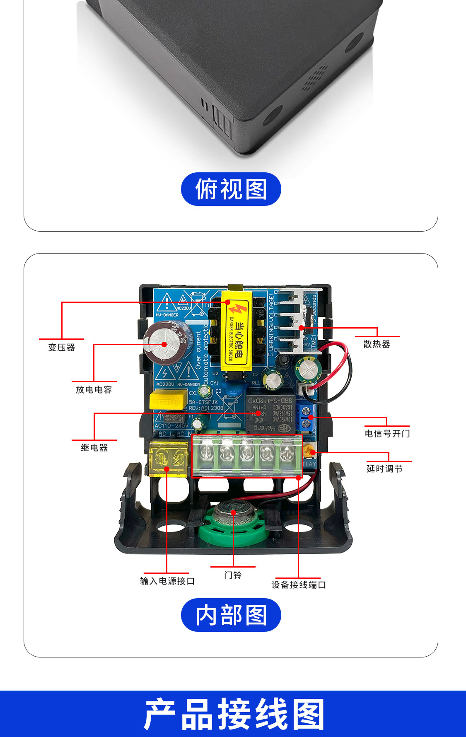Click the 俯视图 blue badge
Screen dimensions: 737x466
click(231, 189)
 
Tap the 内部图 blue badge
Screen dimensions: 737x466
click(231, 615)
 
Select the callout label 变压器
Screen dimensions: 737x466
click(61, 348)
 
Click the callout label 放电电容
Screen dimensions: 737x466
click(94, 390)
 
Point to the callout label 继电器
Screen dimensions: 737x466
click(94, 448)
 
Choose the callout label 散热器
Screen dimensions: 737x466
click(377, 344)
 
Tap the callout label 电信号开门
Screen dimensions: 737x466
click(387, 434)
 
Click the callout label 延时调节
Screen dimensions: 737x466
click(384, 469)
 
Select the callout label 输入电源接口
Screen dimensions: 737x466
click(167, 581)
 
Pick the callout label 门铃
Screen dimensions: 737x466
click(232, 575)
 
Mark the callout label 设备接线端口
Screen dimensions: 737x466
click(298, 585)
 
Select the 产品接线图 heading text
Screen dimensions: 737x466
click(233, 714)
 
